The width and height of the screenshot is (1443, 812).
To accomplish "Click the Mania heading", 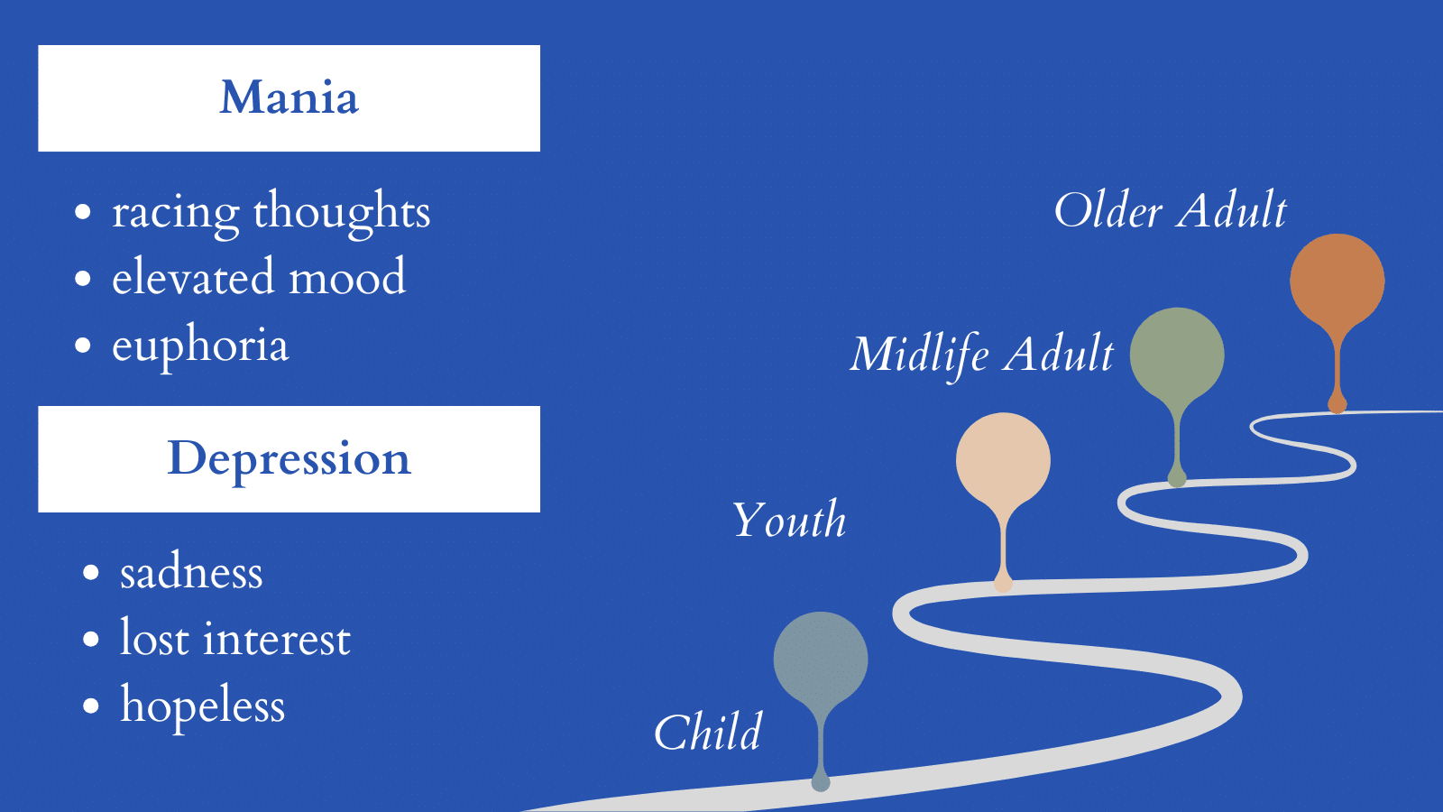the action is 289,97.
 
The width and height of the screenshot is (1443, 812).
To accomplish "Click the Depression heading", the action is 289,460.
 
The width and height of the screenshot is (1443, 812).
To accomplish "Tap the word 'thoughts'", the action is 342,210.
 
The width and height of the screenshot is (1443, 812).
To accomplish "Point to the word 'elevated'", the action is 192,276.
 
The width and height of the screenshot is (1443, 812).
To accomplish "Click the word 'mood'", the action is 346,276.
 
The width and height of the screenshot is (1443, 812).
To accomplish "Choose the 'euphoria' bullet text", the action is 200,346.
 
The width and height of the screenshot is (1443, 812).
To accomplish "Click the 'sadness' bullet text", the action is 191,572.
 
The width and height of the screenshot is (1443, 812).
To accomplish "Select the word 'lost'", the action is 154,637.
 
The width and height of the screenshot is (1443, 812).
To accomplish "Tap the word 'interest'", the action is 277,639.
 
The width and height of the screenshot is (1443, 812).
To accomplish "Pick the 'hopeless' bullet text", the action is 202,706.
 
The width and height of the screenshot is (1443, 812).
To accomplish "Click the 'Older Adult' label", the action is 1170,210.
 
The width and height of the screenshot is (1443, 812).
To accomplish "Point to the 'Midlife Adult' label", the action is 982,355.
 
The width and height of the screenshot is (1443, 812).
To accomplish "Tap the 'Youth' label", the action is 789,520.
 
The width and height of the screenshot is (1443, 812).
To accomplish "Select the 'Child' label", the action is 707,732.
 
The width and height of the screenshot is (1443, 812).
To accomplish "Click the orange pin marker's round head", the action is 1337,281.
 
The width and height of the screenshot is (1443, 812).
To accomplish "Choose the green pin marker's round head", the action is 1177,355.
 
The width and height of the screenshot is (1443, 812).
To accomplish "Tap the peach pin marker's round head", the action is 1003,460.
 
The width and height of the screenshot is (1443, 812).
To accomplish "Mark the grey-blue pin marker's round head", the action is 821,660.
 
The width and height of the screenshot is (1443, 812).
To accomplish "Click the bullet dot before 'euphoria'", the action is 82,346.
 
